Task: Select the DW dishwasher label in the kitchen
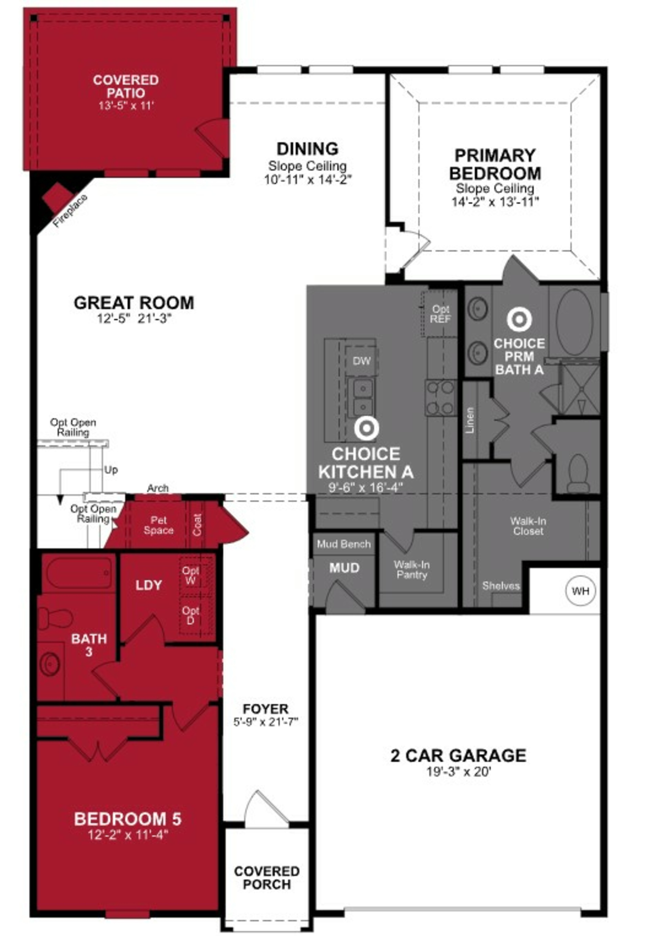coord(361,361)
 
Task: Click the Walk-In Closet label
coord(528,526)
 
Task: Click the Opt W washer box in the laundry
coord(190,576)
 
